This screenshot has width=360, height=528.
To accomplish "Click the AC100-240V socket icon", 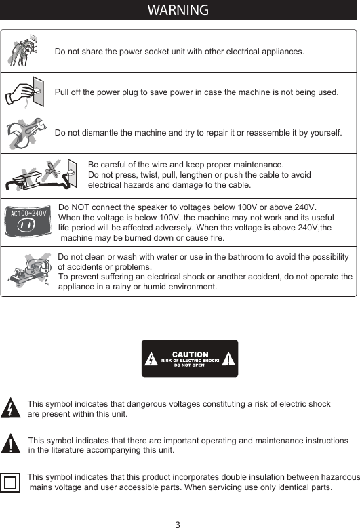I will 28,220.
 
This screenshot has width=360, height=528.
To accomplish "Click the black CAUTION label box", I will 190,358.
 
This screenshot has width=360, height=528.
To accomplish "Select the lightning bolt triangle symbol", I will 12,409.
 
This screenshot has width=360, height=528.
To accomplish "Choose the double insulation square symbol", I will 11,483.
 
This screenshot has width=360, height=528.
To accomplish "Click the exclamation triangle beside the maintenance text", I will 12,445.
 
